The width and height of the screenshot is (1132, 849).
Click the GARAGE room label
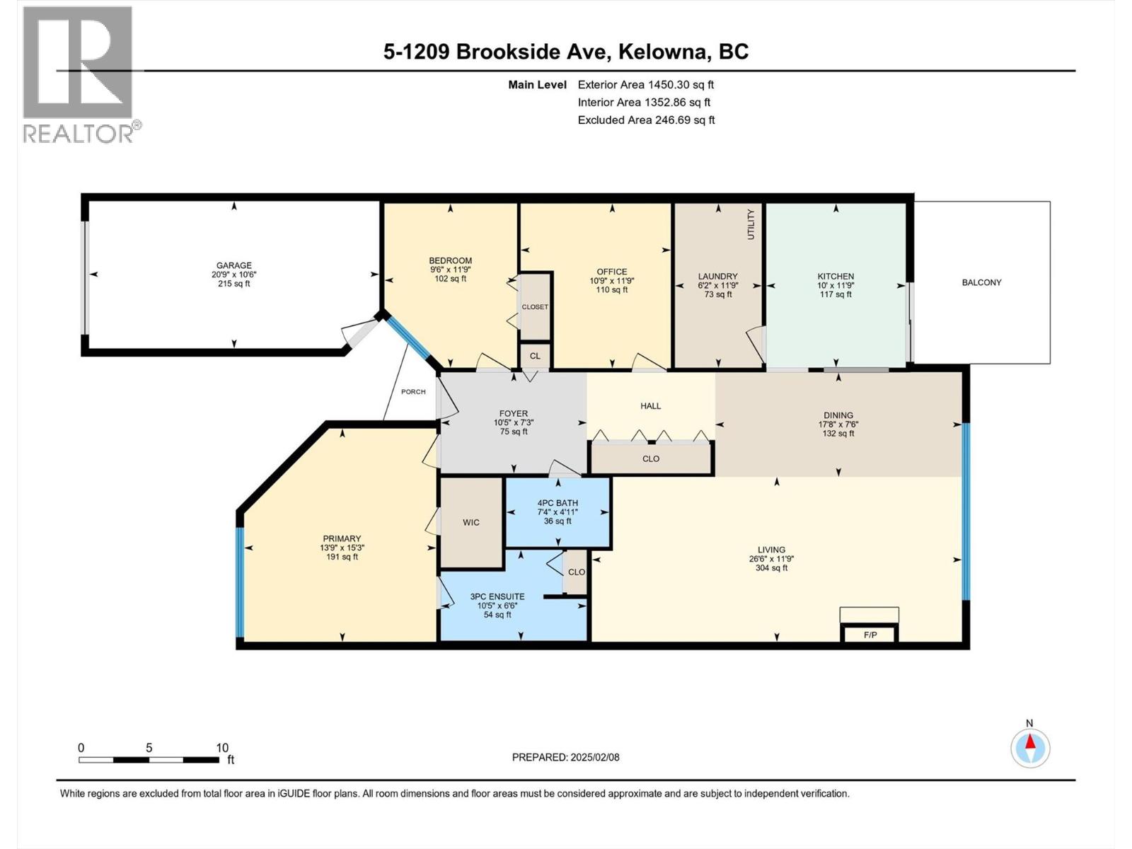point(233,266)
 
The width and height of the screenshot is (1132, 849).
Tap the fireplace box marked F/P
point(870,635)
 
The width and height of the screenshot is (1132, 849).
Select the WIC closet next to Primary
point(471,522)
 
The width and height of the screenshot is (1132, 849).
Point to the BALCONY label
point(981,282)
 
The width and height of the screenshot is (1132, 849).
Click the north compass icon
point(1030,748)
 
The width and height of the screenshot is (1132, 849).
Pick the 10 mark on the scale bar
point(222,748)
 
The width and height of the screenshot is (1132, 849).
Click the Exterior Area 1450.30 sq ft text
point(645,84)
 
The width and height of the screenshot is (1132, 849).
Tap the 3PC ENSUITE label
point(497,596)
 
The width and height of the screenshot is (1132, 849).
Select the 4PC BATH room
point(558,512)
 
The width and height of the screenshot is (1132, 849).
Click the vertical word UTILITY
point(751,224)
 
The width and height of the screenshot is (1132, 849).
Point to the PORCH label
point(413,391)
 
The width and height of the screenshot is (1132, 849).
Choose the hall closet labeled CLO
point(651,458)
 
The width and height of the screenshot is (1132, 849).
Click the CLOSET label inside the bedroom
point(535,307)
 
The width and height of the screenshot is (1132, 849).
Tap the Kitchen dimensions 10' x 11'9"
point(836,286)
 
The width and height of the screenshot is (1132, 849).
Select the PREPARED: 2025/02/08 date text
point(565,757)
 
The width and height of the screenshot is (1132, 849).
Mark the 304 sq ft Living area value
point(771,567)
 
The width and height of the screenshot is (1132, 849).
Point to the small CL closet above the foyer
point(535,356)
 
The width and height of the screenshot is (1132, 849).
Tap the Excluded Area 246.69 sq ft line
point(646,120)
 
